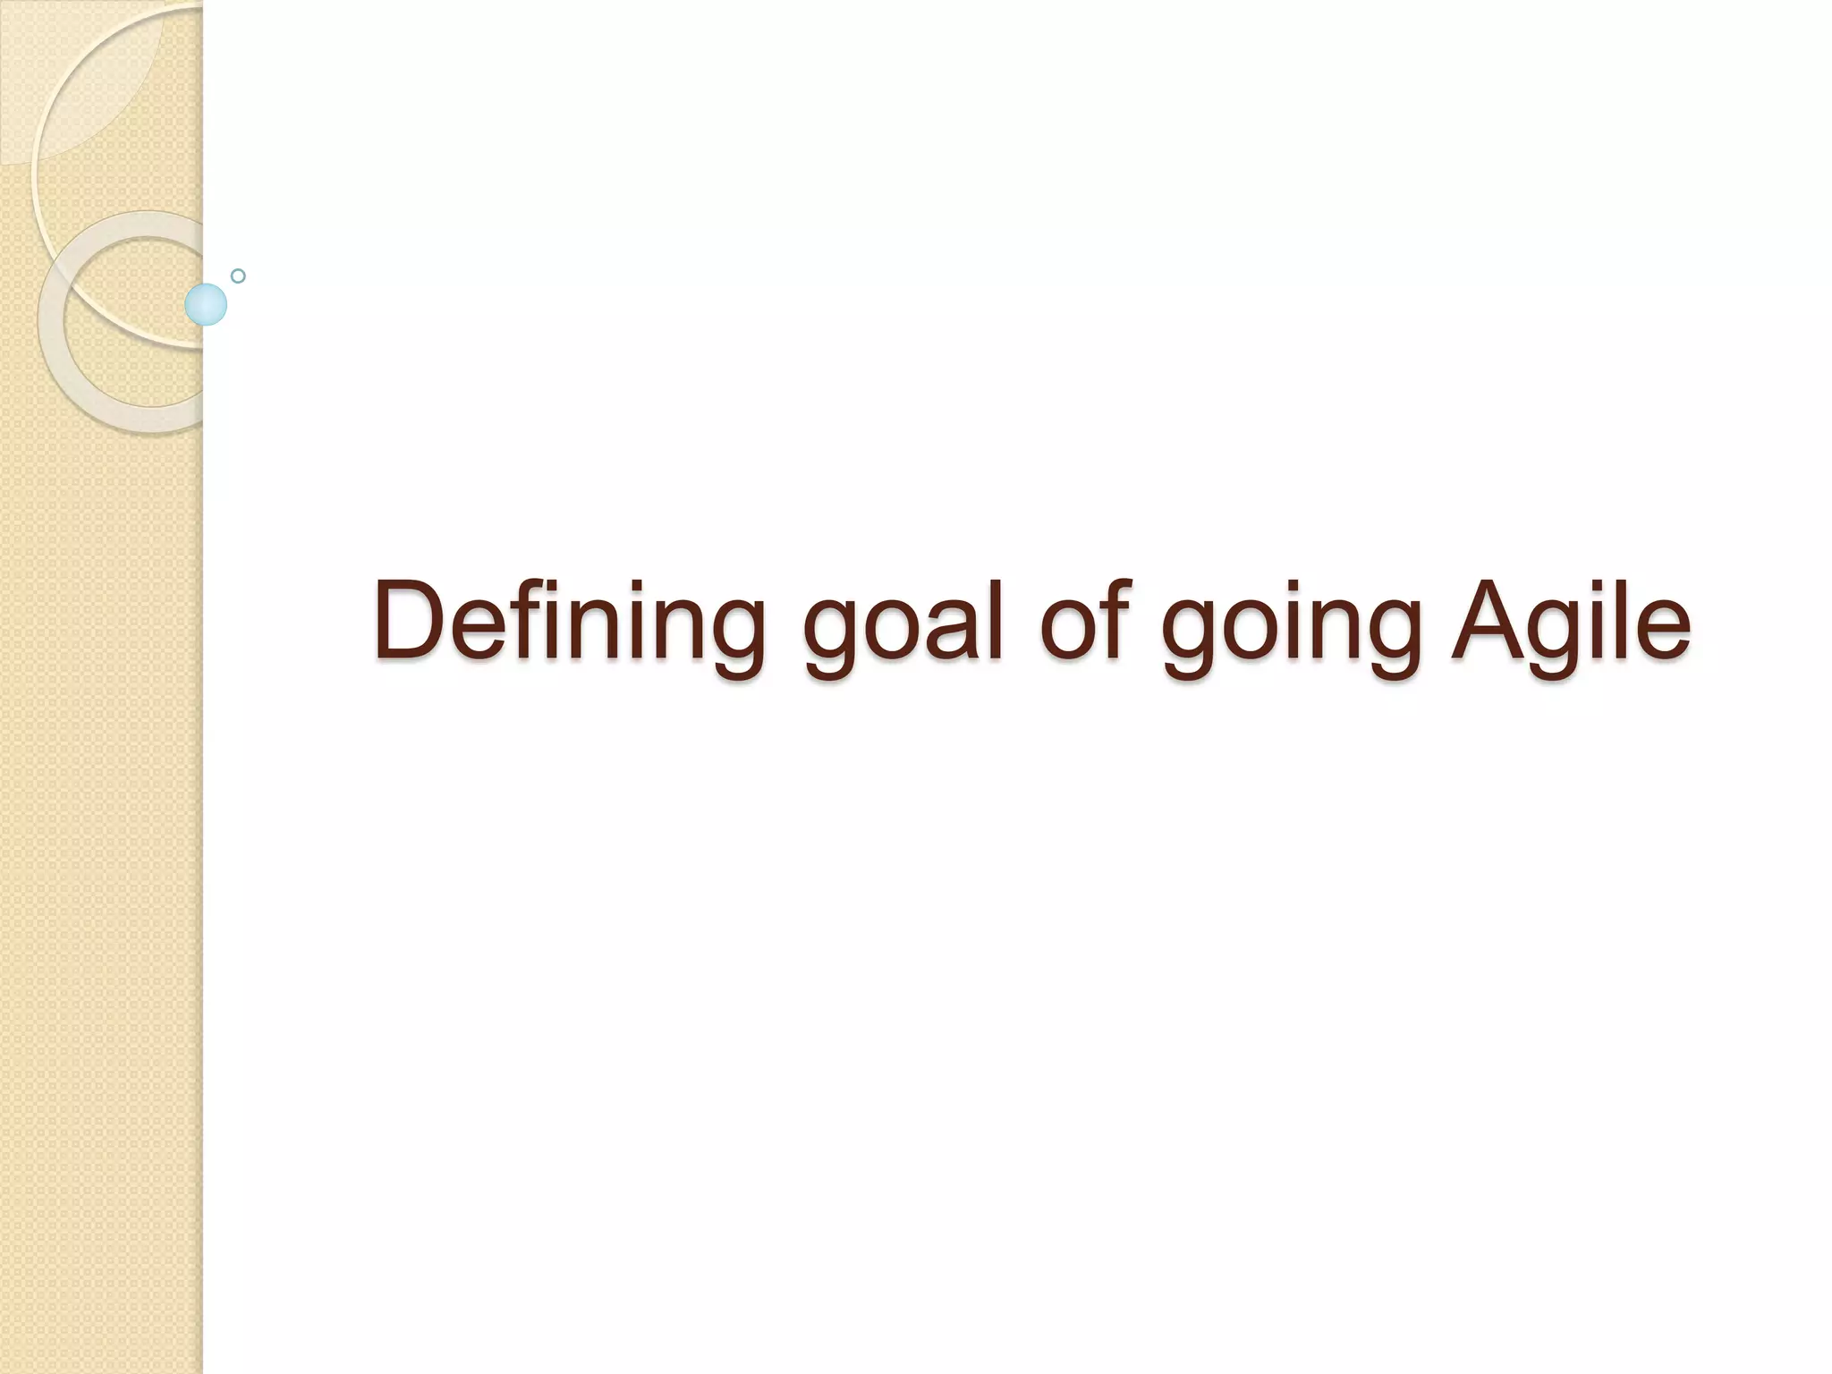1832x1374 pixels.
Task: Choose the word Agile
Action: (1570, 621)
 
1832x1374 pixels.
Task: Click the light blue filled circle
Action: (206, 304)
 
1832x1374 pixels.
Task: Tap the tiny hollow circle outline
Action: (238, 276)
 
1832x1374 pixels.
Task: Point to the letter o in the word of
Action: (1069, 631)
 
